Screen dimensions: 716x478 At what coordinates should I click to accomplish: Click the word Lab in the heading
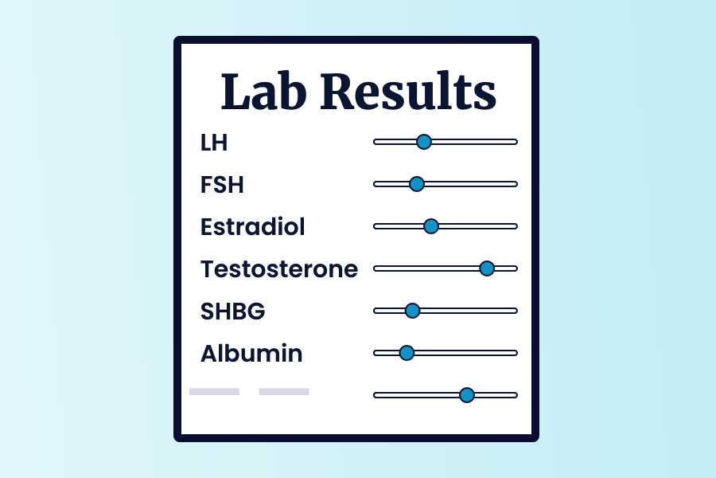263,92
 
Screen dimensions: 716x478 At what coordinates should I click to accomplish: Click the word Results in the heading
408,92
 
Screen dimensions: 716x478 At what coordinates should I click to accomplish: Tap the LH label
214,143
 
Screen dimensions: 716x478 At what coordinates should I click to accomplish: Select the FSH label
222,184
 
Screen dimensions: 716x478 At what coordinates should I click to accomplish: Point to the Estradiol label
252,226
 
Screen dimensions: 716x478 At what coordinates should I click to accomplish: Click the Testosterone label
279,269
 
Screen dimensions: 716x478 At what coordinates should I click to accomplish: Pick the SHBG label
232,311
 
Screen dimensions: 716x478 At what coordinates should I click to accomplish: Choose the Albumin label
251,353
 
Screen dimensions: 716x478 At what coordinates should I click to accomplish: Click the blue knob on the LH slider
424,142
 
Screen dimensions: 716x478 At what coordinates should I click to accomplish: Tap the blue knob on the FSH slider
416,184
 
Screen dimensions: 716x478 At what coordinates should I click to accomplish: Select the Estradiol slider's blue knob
431,226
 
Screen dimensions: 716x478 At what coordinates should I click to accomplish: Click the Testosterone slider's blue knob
487,268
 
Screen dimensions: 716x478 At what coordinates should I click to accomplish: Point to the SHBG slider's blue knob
412,311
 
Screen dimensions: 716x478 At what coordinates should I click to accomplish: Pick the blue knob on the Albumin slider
407,353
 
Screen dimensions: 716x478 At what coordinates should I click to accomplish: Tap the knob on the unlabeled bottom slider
467,395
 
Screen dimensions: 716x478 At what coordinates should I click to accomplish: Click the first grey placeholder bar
214,391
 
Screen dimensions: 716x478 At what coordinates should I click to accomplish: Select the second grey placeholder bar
283,391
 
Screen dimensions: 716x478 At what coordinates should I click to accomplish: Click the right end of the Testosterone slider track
516,268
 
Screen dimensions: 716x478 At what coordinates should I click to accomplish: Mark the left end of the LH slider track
375,142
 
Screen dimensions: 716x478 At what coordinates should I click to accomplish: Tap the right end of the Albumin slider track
516,353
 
